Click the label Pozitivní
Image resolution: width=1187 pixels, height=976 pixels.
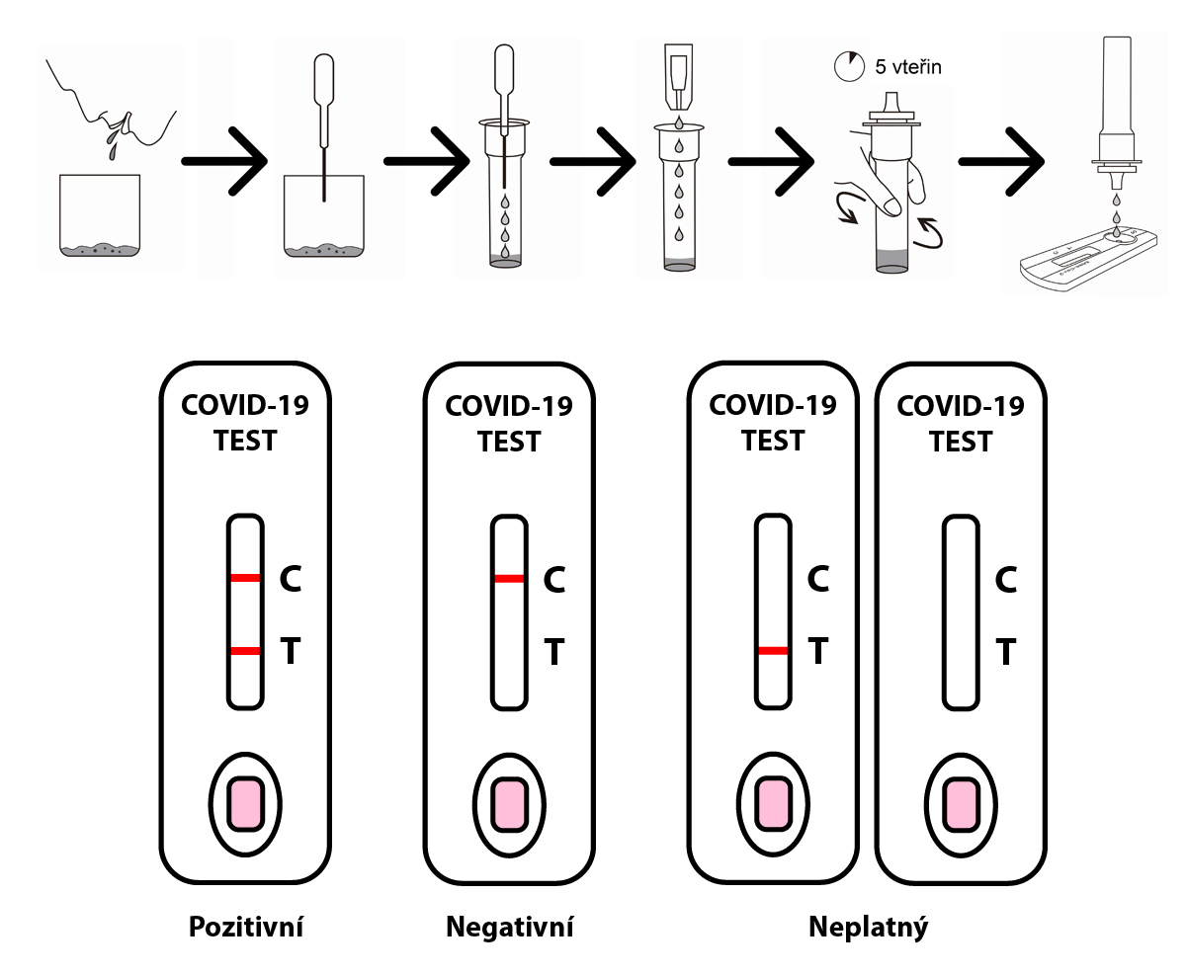coord(245,928)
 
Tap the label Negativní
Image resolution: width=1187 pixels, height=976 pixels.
coord(509,928)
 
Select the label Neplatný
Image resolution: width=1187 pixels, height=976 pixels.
coord(869,928)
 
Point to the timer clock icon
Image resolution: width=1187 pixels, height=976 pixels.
coord(848,67)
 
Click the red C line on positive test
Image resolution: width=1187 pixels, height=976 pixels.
coord(245,578)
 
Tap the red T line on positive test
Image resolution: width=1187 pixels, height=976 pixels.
coord(245,651)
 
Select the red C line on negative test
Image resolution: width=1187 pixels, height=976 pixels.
coord(509,578)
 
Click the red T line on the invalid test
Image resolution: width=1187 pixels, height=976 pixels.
coord(773,651)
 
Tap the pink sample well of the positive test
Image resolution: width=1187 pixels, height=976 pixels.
coord(245,802)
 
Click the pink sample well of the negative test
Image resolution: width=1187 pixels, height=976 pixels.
coord(509,802)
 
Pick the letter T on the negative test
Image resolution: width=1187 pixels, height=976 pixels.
coord(554,652)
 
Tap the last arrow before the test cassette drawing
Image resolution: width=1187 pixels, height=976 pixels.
coord(1003,160)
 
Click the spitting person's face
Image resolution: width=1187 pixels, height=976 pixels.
coord(99,109)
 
